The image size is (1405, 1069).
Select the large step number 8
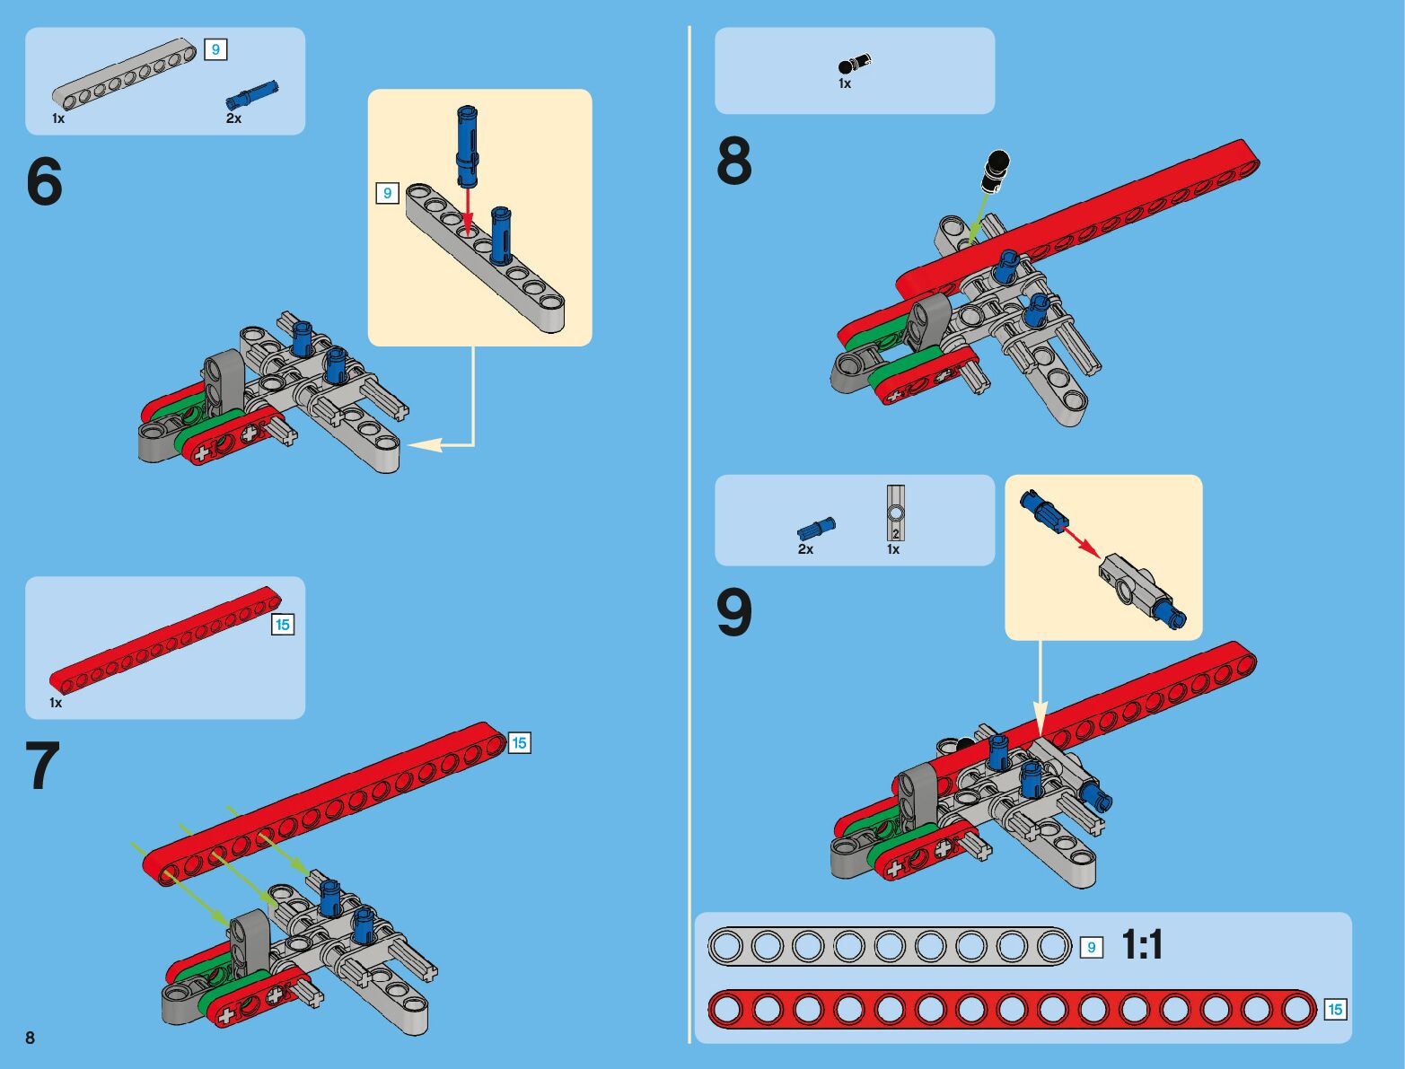tap(734, 162)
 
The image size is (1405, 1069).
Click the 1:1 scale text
tap(1142, 945)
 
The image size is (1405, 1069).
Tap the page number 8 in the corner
tap(31, 1038)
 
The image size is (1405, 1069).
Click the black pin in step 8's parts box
tap(854, 65)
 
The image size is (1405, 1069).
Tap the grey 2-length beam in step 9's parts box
tap(895, 513)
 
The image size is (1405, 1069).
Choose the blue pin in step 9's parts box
tap(816, 528)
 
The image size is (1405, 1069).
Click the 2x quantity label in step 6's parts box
tap(233, 118)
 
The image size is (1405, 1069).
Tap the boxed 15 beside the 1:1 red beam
tap(1335, 1010)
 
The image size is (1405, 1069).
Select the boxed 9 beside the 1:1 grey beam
tap(1091, 948)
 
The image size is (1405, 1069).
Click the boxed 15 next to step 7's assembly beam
tap(519, 743)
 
